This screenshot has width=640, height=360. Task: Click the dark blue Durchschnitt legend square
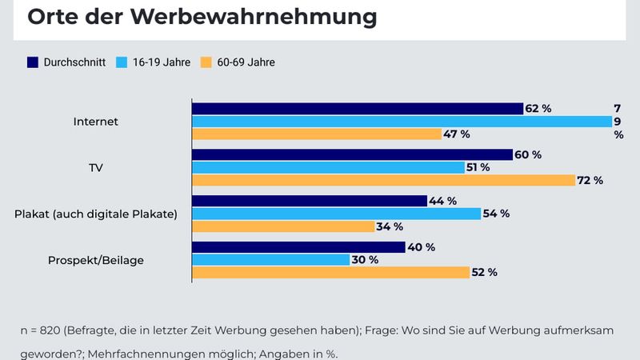33,62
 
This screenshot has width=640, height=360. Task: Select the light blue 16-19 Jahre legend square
122,62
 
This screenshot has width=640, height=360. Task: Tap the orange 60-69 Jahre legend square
205,62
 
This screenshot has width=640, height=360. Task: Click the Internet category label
95,122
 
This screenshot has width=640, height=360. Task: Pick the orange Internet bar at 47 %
316,134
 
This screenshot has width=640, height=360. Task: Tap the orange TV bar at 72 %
383,180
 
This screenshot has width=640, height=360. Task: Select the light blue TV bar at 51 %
328,167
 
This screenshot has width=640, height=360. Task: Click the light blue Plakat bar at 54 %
336,214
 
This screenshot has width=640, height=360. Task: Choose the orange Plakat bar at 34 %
282,226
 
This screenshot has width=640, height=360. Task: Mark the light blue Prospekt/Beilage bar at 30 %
270,259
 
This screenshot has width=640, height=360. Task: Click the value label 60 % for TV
528,154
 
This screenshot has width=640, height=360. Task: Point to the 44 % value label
442,201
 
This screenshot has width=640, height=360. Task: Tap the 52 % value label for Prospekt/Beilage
483,272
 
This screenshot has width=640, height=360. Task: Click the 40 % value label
421,246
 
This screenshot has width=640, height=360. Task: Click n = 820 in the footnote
42,330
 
